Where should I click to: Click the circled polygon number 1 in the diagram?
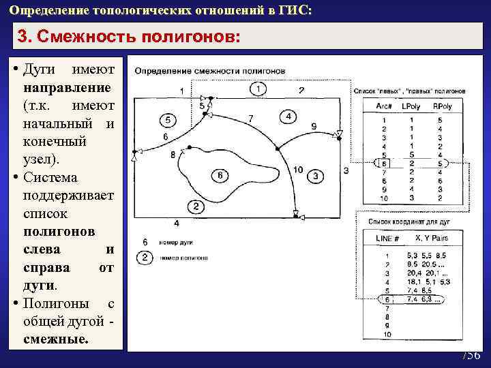pos(258,89)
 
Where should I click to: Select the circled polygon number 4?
pos(288,117)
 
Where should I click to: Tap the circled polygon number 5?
pos(167,121)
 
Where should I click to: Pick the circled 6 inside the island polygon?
pos(218,176)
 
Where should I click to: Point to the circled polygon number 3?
pos(316,176)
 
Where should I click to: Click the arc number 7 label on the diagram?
pos(251,119)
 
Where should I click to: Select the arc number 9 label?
pos(313,126)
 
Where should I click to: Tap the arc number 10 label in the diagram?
pos(298,169)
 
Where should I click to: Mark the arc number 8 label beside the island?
pos(173,154)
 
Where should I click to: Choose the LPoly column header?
pos(411,106)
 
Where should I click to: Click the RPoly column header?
pos(442,106)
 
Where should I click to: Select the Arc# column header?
pos(384,106)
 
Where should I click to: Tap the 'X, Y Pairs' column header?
pos(432,238)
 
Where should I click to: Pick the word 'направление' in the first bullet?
pos(68,89)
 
